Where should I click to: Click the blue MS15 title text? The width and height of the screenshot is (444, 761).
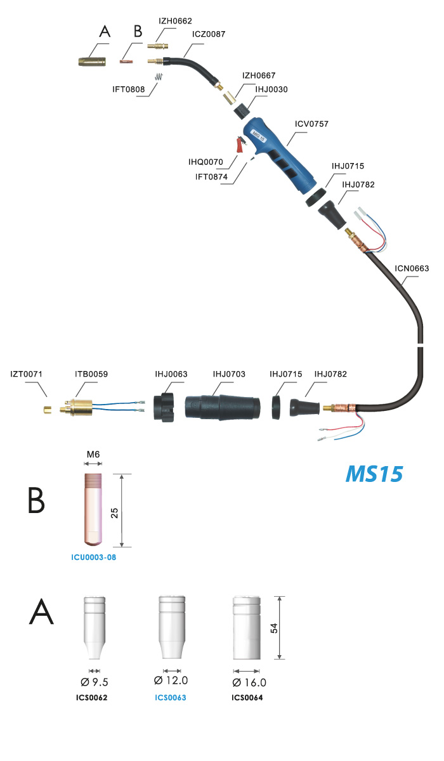[x=374, y=474]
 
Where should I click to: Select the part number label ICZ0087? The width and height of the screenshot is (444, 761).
[x=209, y=34]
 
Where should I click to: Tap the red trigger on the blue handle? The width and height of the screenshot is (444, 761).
[x=240, y=145]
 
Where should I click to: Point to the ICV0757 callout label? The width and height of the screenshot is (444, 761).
[x=311, y=124]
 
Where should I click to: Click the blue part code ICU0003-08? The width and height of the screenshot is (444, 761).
[x=93, y=557]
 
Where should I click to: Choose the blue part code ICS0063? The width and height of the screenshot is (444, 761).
[x=171, y=698]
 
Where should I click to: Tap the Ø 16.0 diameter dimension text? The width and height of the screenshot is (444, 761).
[x=249, y=682]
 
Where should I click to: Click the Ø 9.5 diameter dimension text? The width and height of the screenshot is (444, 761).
[x=94, y=682]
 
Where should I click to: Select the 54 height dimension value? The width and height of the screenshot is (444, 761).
[x=274, y=628]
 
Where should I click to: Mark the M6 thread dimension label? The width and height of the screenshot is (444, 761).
[x=93, y=454]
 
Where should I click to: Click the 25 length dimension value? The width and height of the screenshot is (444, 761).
[x=114, y=513]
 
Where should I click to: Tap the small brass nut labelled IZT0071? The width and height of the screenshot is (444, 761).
[x=47, y=410]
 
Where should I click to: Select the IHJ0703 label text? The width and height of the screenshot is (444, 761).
[x=229, y=374]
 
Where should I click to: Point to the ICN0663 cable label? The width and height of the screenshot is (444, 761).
[x=412, y=268]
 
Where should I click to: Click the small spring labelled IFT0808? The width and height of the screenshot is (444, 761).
[x=159, y=77]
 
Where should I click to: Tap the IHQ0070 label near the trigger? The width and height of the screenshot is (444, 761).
[x=206, y=162]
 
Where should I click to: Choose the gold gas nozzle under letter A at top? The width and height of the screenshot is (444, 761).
[x=92, y=62]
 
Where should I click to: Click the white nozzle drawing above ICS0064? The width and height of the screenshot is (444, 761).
[x=247, y=628]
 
